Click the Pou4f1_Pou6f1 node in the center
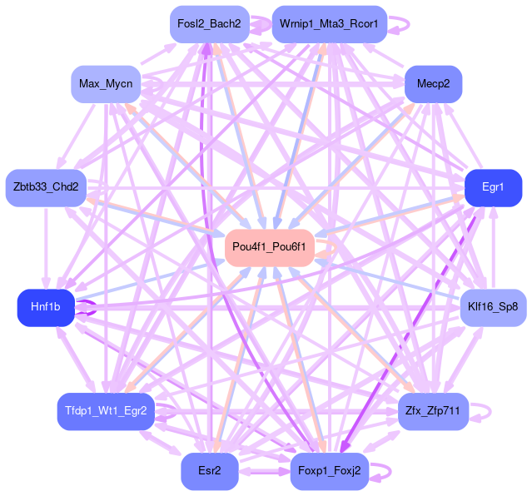[269, 247]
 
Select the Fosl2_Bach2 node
[208, 24]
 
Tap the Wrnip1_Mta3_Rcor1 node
[329, 24]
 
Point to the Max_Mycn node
[105, 84]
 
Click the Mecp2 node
[433, 84]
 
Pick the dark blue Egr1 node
[493, 187]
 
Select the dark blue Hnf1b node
[46, 307]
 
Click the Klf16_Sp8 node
[493, 307]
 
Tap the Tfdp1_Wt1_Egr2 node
[106, 410]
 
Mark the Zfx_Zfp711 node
[434, 410]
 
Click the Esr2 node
[210, 471]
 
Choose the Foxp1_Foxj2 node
[328, 471]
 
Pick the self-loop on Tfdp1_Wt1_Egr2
[167, 410]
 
